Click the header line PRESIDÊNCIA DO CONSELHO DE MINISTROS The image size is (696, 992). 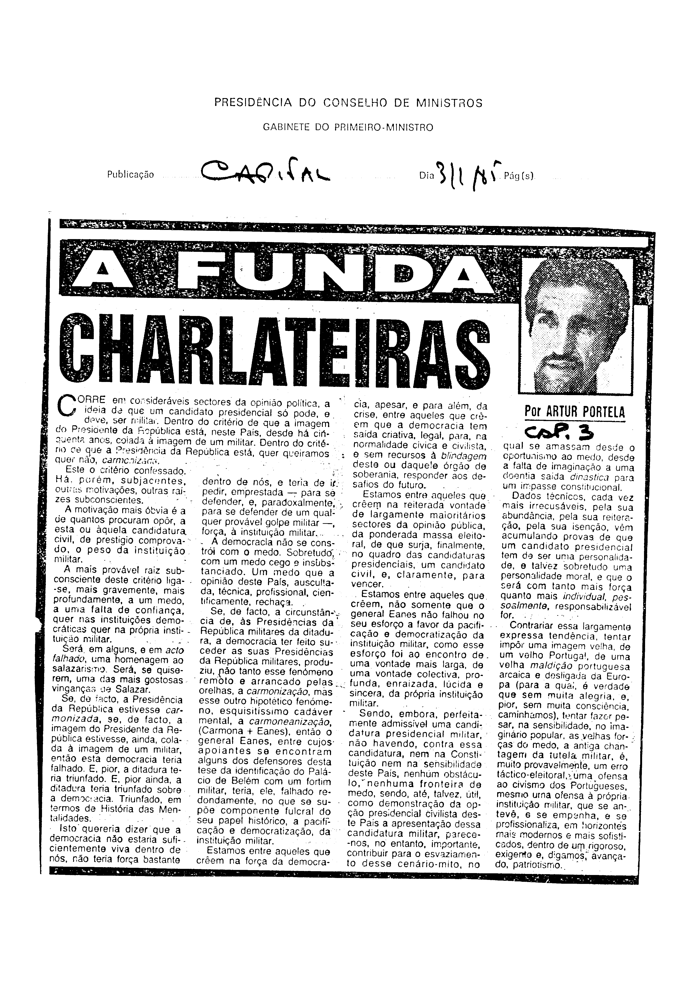pyautogui.click(x=348, y=103)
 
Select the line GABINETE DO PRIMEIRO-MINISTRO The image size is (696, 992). pyautogui.click(x=348, y=127)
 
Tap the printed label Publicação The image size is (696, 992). pyautogui.click(x=130, y=175)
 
